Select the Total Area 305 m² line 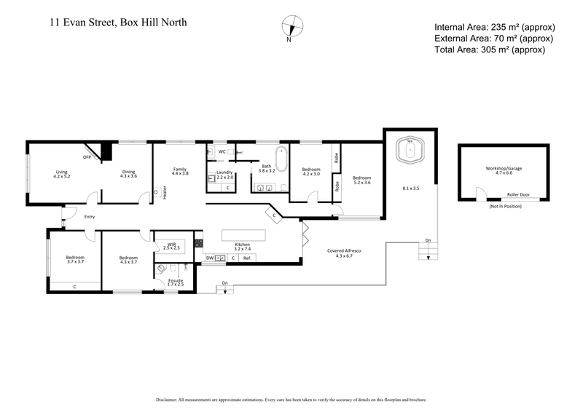[x=489, y=49]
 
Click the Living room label [x=61, y=174]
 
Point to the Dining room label [x=128, y=174]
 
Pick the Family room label [x=180, y=171]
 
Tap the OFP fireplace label [x=86, y=157]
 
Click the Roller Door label [x=518, y=195]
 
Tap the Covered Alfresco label [x=348, y=253]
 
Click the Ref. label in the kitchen [x=247, y=258]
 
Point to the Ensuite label [x=176, y=282]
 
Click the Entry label [x=90, y=216]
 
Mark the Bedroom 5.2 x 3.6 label [x=362, y=181]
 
